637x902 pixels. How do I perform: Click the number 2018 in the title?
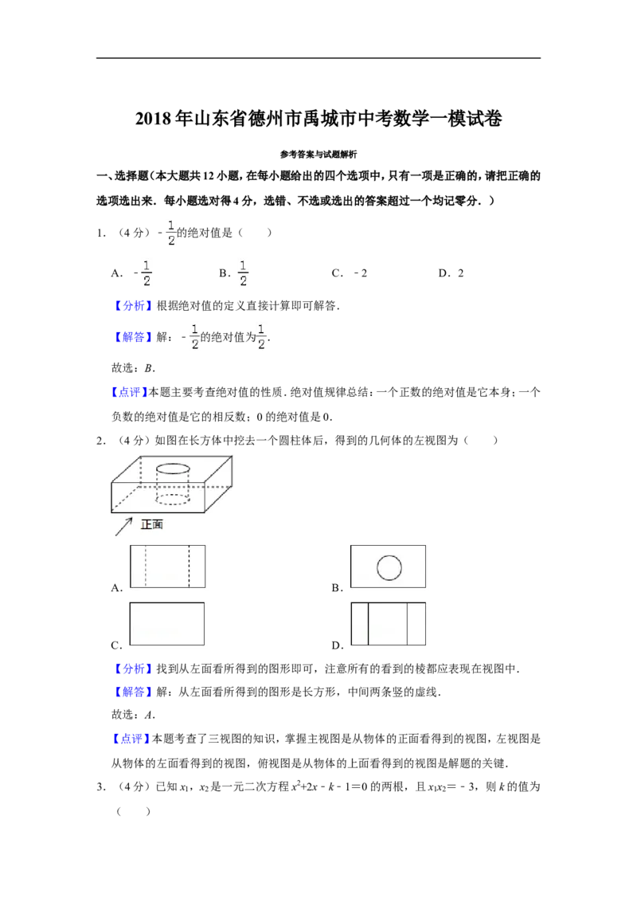(154, 119)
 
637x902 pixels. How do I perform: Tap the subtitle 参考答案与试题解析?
(318, 154)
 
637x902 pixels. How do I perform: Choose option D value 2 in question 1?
(460, 273)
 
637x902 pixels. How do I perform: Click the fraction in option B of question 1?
(243, 273)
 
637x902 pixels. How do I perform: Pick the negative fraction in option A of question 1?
(143, 273)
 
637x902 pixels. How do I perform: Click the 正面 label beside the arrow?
(152, 524)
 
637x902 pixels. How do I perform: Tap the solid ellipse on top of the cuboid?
(173, 469)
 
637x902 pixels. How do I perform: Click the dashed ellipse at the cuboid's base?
(173, 498)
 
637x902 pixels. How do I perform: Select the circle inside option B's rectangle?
(389, 568)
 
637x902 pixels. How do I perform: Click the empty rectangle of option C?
(166, 624)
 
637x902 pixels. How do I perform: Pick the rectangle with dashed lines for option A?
(167, 566)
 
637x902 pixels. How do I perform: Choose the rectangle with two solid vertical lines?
(388, 624)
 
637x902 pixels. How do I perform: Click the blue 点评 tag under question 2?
(130, 739)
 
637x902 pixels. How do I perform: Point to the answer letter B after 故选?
(148, 368)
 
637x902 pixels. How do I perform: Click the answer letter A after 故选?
(149, 715)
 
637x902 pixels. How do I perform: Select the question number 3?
(100, 787)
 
